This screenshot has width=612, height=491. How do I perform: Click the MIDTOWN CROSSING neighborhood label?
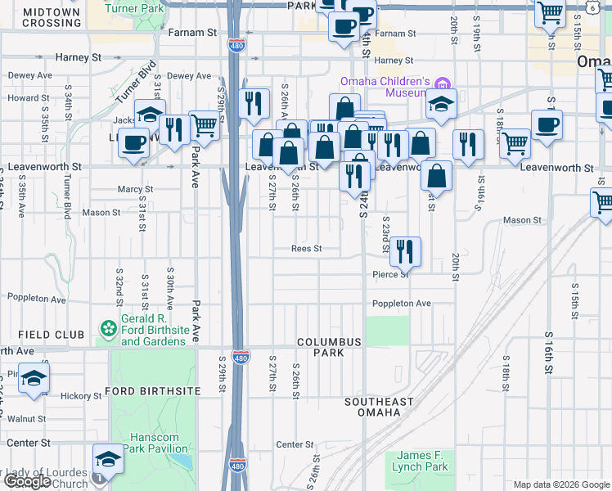(52, 18)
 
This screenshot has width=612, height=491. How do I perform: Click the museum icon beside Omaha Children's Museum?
(443, 83)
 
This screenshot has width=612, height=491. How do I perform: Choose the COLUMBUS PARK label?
(329, 347)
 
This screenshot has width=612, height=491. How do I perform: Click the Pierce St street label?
(390, 274)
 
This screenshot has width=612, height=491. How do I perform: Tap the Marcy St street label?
(135, 189)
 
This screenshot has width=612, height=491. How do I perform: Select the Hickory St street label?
(80, 396)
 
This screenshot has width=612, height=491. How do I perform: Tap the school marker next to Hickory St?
(34, 378)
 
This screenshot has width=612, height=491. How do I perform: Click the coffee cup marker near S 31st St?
(133, 142)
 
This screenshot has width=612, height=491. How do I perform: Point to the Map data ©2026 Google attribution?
(560, 484)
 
